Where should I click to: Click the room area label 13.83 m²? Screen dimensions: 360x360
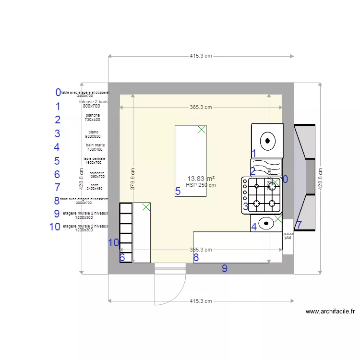pyautogui.click(x=201, y=178)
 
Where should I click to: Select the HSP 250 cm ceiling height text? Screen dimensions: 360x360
pyautogui.click(x=201, y=184)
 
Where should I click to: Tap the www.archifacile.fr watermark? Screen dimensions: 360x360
pyautogui.click(x=330, y=312)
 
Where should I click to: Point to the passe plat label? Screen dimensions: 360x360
pyautogui.click(x=288, y=236)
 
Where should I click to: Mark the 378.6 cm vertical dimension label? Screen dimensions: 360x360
pyautogui.click(x=133, y=179)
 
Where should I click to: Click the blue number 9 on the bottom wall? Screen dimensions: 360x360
pyautogui.click(x=224, y=269)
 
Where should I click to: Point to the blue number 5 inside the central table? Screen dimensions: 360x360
pyautogui.click(x=178, y=192)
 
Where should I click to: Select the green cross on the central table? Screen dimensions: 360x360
pyautogui.click(x=202, y=129)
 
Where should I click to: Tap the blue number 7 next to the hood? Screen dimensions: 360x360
pyautogui.click(x=299, y=225)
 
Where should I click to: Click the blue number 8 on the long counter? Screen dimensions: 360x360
pyautogui.click(x=196, y=257)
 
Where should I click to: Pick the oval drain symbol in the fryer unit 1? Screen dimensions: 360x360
pyautogui.click(x=267, y=141)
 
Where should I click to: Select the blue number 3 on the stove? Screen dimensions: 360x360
pyautogui.click(x=245, y=207)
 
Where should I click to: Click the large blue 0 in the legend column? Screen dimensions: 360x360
pyautogui.click(x=58, y=92)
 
